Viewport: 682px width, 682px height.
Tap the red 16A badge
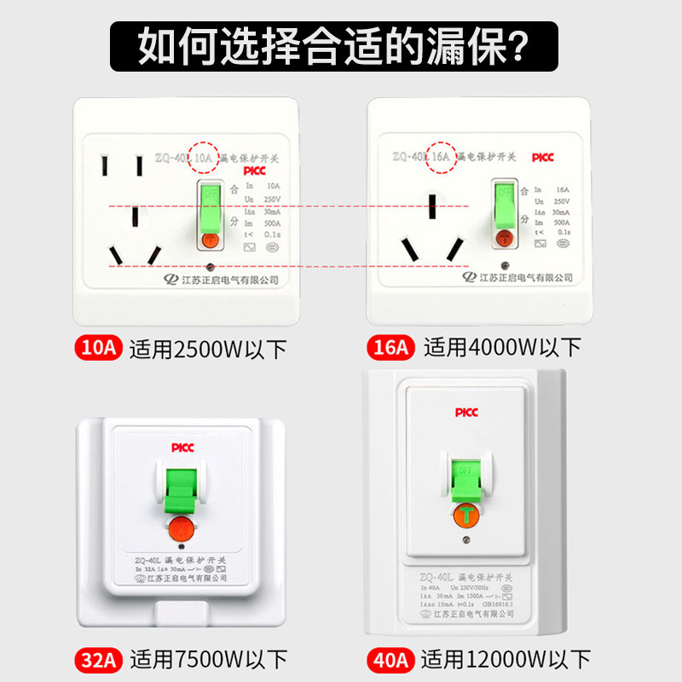pos(392,348)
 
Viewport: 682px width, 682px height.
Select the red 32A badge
pos(100,659)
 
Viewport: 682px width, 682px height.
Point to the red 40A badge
pos(392,659)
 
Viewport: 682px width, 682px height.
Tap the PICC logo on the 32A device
pos(183,446)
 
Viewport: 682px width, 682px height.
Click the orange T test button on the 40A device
pos(466,513)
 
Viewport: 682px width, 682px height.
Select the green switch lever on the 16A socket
pos(503,206)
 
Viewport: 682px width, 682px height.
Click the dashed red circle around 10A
pos(203,158)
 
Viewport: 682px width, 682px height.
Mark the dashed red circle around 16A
pos(440,157)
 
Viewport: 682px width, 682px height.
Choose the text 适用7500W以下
pos(208,659)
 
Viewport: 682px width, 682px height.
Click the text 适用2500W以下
pos(208,348)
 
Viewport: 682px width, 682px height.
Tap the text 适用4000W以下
pos(502,348)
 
